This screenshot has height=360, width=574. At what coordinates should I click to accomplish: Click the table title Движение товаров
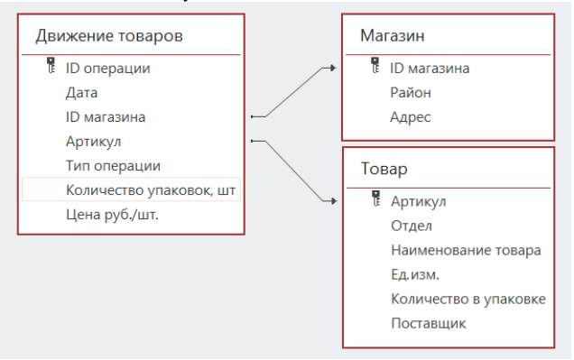[x=109, y=37]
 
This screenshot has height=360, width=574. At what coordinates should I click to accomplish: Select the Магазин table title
[x=393, y=37]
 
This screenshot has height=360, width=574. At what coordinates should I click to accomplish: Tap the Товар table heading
[x=384, y=170]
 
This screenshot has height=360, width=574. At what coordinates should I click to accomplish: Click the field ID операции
[x=107, y=68]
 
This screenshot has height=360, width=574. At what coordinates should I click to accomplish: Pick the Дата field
[x=81, y=92]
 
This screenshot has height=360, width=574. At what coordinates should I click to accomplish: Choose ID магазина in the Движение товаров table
[x=106, y=116]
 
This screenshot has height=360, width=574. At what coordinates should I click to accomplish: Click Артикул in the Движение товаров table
[x=93, y=141]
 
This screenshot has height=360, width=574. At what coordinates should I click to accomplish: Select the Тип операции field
[x=113, y=166]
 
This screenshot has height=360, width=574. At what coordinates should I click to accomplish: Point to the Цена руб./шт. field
[x=112, y=215]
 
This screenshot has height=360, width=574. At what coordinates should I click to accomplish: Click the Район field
[x=411, y=92]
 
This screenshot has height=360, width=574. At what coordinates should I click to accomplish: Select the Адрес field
[x=411, y=116]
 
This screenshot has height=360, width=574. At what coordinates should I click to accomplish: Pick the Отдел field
[x=412, y=226]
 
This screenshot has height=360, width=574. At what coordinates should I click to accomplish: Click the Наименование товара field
[x=466, y=250]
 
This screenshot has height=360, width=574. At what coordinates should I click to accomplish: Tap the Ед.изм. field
[x=419, y=274]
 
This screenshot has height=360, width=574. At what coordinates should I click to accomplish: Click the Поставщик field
[x=429, y=323]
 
